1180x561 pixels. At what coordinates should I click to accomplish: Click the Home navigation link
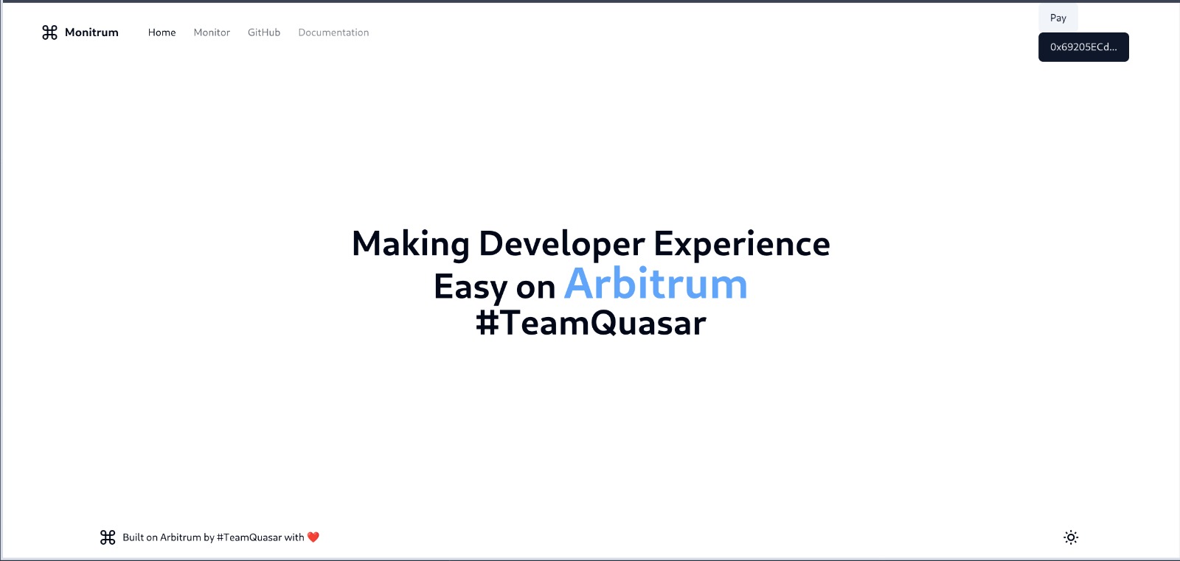[x=162, y=32]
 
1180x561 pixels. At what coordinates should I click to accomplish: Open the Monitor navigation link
[x=212, y=32]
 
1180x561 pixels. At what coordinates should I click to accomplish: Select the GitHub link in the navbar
[x=264, y=32]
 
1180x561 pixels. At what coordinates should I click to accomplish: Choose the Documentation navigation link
[x=333, y=32]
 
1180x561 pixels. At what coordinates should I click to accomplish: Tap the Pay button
[x=1058, y=18]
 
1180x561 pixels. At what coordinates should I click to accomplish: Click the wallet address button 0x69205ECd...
[x=1083, y=47]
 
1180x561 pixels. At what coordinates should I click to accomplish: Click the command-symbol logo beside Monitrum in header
[x=50, y=32]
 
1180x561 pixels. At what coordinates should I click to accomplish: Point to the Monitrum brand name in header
[x=91, y=32]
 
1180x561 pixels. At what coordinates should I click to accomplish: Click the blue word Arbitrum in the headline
[x=656, y=284]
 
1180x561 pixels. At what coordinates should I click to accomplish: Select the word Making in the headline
[x=410, y=245]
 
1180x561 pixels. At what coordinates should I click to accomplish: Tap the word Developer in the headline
[x=561, y=245]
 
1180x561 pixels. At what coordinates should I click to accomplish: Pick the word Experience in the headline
[x=742, y=245]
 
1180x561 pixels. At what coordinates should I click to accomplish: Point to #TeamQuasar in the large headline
[x=591, y=322]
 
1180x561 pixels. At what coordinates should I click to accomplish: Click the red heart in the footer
[x=313, y=537]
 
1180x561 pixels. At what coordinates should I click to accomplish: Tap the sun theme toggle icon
[x=1071, y=537]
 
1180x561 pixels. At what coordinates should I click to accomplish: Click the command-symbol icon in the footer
[x=108, y=537]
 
